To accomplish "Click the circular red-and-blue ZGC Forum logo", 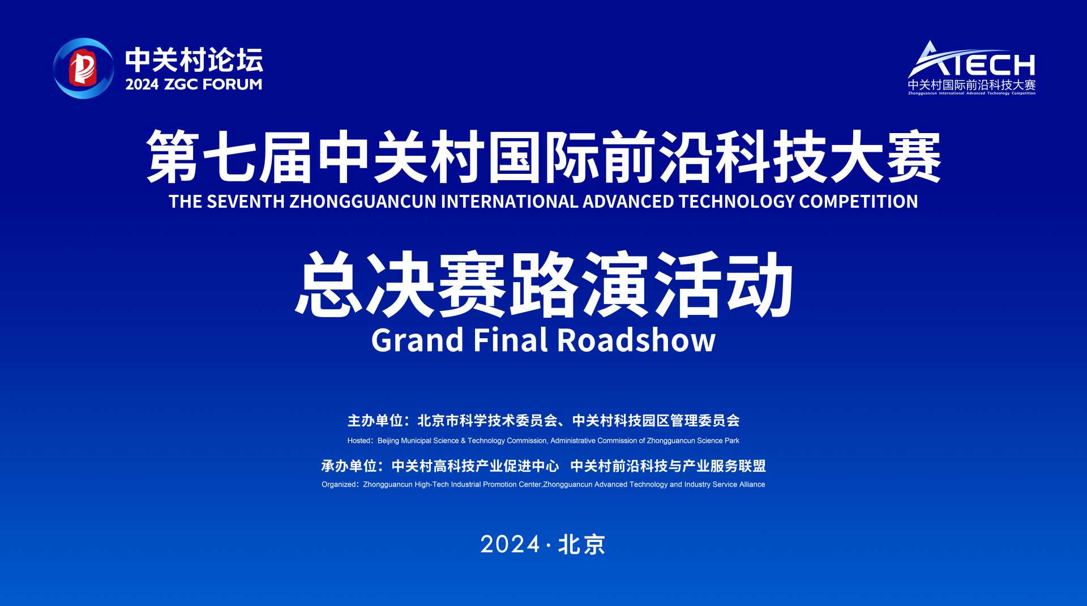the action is (x=83, y=69).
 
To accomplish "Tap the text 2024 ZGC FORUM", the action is (x=194, y=84).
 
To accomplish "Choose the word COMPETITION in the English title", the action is (x=859, y=202).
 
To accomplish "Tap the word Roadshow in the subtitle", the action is (x=636, y=340).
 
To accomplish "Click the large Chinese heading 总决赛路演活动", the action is (x=543, y=285).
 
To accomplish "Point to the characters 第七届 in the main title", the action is (x=229, y=157).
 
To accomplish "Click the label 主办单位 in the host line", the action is (x=375, y=421).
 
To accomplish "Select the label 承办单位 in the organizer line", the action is (x=349, y=466).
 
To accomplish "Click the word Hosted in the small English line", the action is (x=359, y=441).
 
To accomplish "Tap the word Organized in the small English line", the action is (x=339, y=485).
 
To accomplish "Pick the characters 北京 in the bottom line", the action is (x=582, y=545).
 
